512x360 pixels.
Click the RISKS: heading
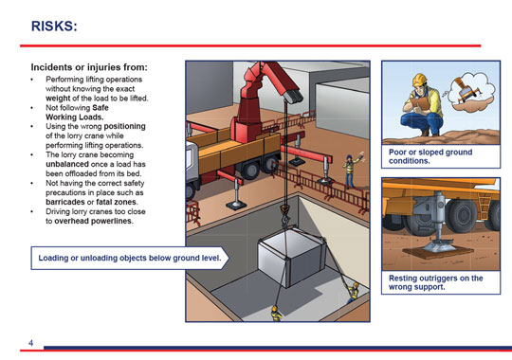(x=54, y=27)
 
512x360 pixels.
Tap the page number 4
(x=30, y=343)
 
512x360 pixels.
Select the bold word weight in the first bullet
(x=58, y=99)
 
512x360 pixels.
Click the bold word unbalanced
(x=67, y=164)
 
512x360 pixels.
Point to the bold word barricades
(x=65, y=202)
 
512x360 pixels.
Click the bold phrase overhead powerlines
(x=94, y=221)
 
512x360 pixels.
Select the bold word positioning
(x=125, y=127)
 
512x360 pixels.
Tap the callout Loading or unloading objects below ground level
(x=130, y=258)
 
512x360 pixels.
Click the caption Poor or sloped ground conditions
(x=430, y=156)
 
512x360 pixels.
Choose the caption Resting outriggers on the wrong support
(x=435, y=282)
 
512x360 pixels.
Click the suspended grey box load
(x=291, y=257)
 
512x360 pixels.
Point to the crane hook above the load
(x=284, y=213)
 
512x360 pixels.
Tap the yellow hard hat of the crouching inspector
(x=420, y=80)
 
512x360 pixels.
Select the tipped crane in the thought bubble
(x=467, y=89)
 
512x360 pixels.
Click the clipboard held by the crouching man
(x=420, y=104)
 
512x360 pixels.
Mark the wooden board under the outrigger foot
(x=438, y=251)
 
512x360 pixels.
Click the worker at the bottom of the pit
(x=277, y=313)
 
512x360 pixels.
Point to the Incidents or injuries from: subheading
(x=89, y=67)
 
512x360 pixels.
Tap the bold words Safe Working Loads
(x=77, y=113)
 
